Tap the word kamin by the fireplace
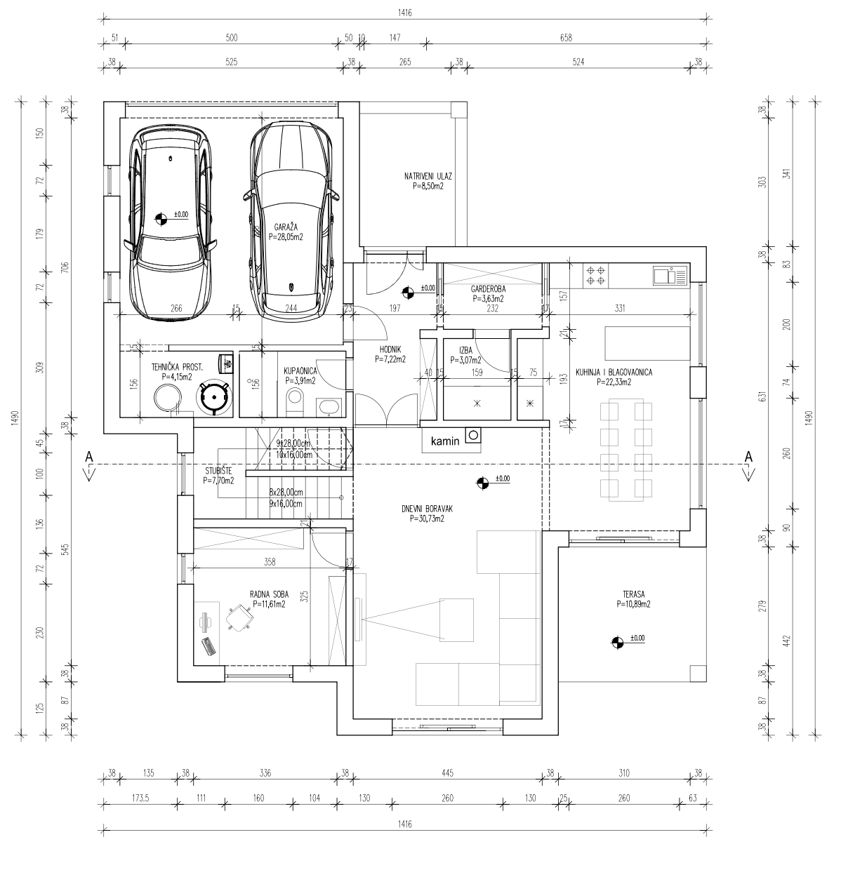click(x=445, y=441)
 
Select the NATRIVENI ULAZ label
click(x=428, y=176)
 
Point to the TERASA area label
click(x=633, y=594)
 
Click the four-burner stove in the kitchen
click(x=595, y=276)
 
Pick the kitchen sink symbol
click(x=670, y=276)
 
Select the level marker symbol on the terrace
click(x=617, y=642)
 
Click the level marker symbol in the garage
click(x=161, y=219)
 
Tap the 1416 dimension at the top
click(x=404, y=13)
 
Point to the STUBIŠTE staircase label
click(x=219, y=471)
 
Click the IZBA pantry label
click(x=465, y=351)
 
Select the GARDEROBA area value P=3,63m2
click(x=489, y=299)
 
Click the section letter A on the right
click(x=748, y=457)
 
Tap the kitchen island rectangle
click(x=647, y=343)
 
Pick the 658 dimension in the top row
click(x=566, y=38)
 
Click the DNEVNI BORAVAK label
click(x=428, y=509)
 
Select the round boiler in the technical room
click(x=214, y=397)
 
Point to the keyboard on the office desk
click(x=208, y=646)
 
